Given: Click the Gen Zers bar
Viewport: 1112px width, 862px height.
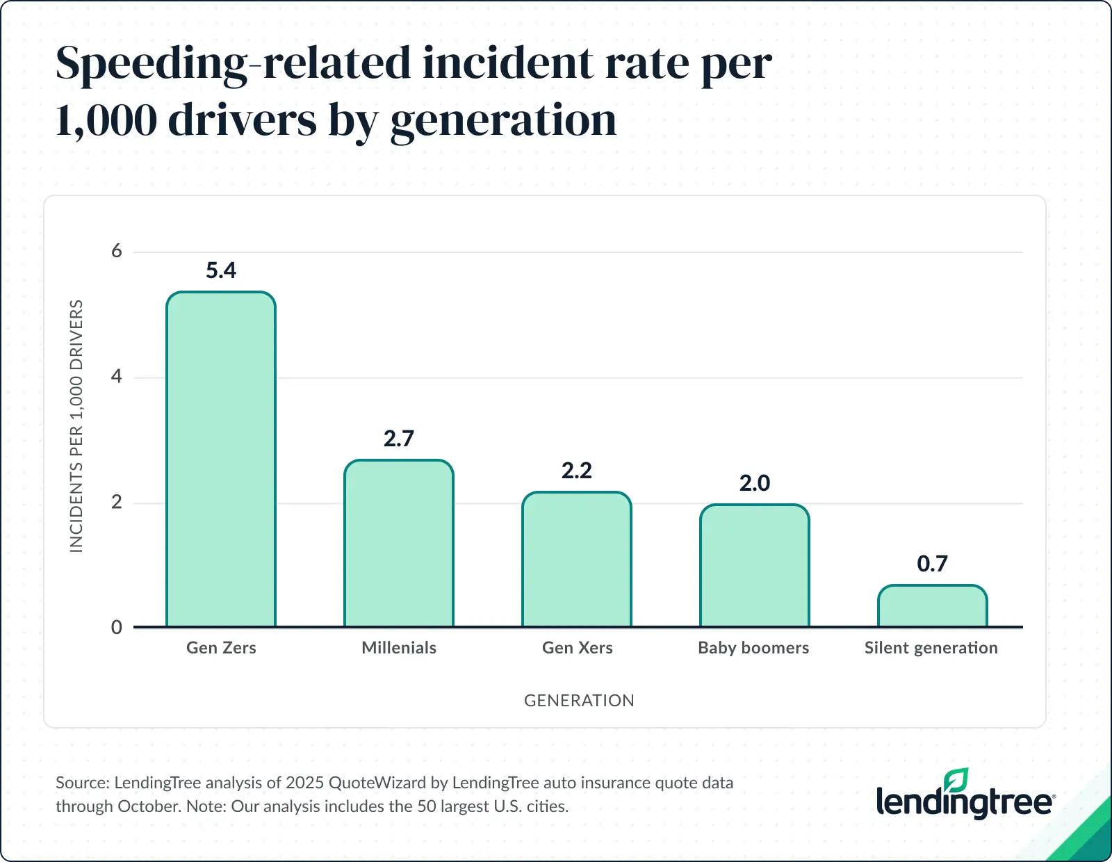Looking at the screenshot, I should [221, 459].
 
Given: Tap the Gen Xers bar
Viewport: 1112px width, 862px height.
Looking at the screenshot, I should [577, 560].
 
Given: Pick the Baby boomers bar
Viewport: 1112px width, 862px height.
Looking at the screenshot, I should [755, 566].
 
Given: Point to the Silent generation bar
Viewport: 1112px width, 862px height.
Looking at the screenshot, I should [932, 606].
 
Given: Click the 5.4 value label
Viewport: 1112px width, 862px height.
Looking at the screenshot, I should [221, 270].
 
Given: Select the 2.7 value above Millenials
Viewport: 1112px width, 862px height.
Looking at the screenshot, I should [399, 439].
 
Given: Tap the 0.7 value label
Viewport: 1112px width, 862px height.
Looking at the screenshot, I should [932, 564].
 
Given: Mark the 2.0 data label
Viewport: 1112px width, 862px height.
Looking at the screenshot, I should [755, 483].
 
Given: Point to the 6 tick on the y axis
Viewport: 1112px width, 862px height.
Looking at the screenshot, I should [117, 251].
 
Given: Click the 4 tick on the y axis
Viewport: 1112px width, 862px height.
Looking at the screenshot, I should [117, 377].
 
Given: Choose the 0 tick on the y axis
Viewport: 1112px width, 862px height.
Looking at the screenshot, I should [117, 627].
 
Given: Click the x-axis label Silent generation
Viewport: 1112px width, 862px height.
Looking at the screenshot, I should [931, 648].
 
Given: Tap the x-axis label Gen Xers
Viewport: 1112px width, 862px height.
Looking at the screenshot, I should [577, 648].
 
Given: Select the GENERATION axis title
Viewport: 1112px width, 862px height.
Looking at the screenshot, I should [579, 701].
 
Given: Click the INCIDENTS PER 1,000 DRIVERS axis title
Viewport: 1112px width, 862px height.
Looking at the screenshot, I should [76, 426].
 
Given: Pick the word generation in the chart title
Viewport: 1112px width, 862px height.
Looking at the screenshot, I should [503, 121].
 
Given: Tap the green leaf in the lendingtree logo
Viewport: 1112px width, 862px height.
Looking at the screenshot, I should [957, 781].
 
